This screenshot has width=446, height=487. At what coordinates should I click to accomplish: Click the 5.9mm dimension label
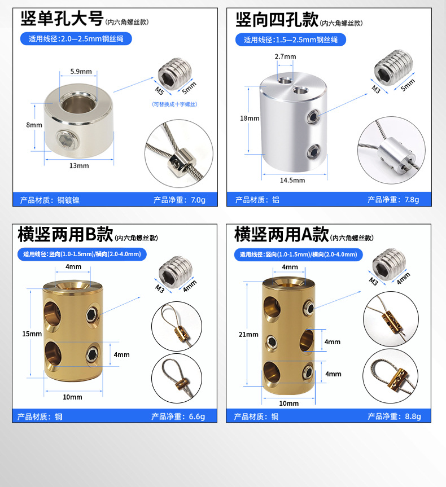point(81,72)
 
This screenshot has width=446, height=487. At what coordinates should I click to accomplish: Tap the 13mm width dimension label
point(79,165)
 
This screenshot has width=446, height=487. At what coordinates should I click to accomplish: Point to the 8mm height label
point(34,125)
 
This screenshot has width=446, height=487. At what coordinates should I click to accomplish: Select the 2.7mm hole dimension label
point(285,56)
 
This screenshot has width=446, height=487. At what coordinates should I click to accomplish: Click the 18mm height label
point(250,119)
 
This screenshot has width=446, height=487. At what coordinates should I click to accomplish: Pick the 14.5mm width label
point(292,180)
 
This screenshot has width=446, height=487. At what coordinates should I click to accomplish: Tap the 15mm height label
point(32,334)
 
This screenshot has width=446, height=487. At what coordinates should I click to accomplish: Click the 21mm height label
point(248,335)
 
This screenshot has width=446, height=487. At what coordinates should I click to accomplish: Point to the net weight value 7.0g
point(198,200)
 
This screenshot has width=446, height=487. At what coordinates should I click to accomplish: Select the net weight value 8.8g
point(413,416)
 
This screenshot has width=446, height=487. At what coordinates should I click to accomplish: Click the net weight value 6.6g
point(196,416)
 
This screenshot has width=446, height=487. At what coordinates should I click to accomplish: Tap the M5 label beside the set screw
point(159,91)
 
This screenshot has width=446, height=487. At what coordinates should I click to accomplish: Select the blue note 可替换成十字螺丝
point(174,104)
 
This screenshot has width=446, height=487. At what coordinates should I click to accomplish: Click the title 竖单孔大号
point(62,19)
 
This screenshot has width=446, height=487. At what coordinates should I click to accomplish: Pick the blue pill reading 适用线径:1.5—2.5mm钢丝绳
point(291,40)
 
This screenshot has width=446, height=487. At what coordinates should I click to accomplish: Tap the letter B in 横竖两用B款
point(91,234)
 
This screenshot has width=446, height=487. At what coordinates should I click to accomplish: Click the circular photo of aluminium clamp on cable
point(391,150)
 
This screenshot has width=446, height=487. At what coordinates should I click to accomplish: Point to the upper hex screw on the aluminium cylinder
point(313,117)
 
